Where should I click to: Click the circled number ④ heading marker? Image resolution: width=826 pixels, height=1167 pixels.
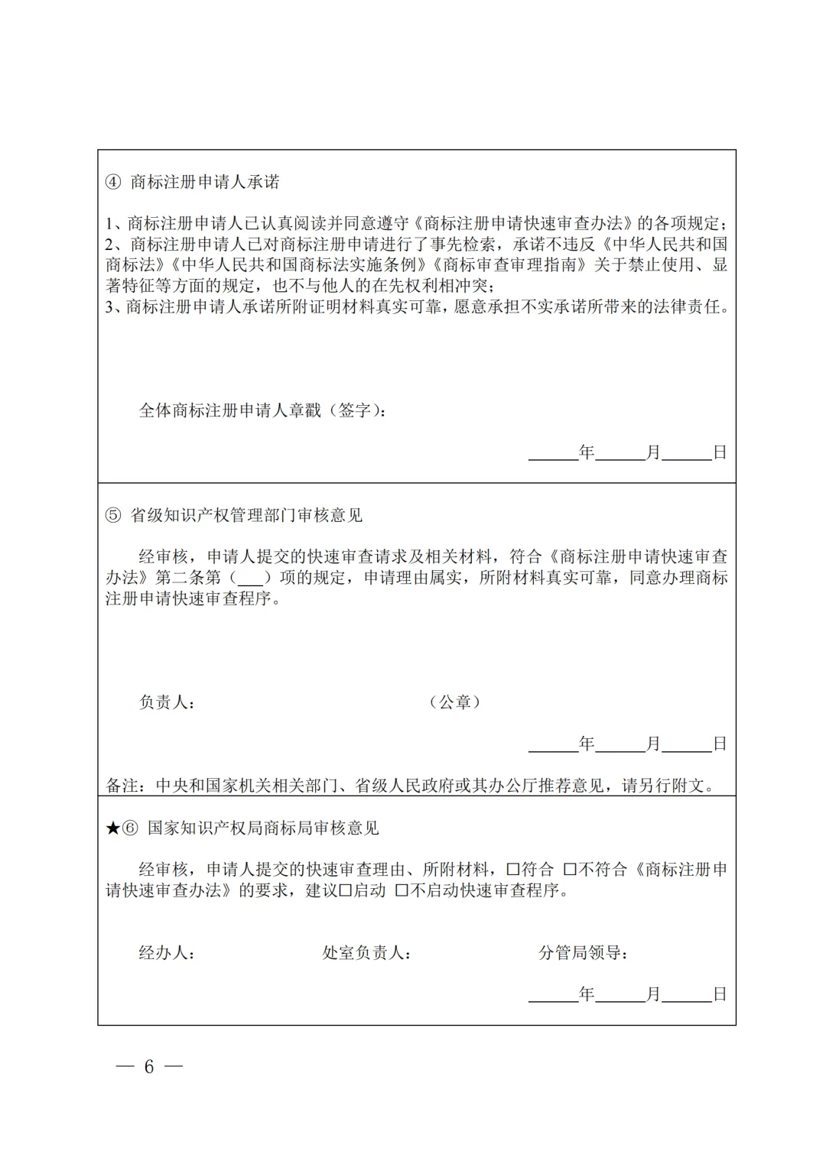click(x=113, y=182)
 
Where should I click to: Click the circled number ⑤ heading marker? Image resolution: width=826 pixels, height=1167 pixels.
click(x=113, y=516)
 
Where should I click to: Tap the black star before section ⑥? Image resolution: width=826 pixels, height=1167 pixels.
click(x=112, y=828)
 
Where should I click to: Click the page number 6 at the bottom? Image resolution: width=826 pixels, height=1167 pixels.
click(x=149, y=1066)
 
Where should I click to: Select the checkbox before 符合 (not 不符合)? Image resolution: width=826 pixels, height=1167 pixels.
click(x=512, y=870)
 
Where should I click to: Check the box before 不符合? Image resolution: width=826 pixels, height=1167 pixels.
click(x=570, y=870)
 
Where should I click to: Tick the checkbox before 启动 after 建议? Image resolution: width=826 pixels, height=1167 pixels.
click(x=345, y=890)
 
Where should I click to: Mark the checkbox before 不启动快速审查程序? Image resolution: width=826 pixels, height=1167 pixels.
click(x=402, y=890)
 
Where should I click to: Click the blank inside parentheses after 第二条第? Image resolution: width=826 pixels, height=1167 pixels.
click(x=250, y=579)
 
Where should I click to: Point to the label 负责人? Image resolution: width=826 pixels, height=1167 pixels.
click(x=165, y=702)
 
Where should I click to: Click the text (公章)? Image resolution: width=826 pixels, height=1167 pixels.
click(x=455, y=702)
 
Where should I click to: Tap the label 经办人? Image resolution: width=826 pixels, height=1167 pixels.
click(x=165, y=953)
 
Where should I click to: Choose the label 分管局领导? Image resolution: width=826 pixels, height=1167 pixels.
click(x=582, y=953)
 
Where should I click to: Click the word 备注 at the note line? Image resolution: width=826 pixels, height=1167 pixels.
click(x=122, y=786)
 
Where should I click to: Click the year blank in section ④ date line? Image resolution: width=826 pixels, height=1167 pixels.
click(x=553, y=453)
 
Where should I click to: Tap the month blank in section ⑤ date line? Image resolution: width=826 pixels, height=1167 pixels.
click(x=619, y=744)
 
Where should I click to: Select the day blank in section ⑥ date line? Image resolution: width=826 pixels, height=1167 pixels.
click(x=686, y=994)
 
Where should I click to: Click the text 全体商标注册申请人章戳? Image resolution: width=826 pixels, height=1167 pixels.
click(x=230, y=411)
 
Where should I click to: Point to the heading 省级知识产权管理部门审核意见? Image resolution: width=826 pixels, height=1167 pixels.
click(x=246, y=516)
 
